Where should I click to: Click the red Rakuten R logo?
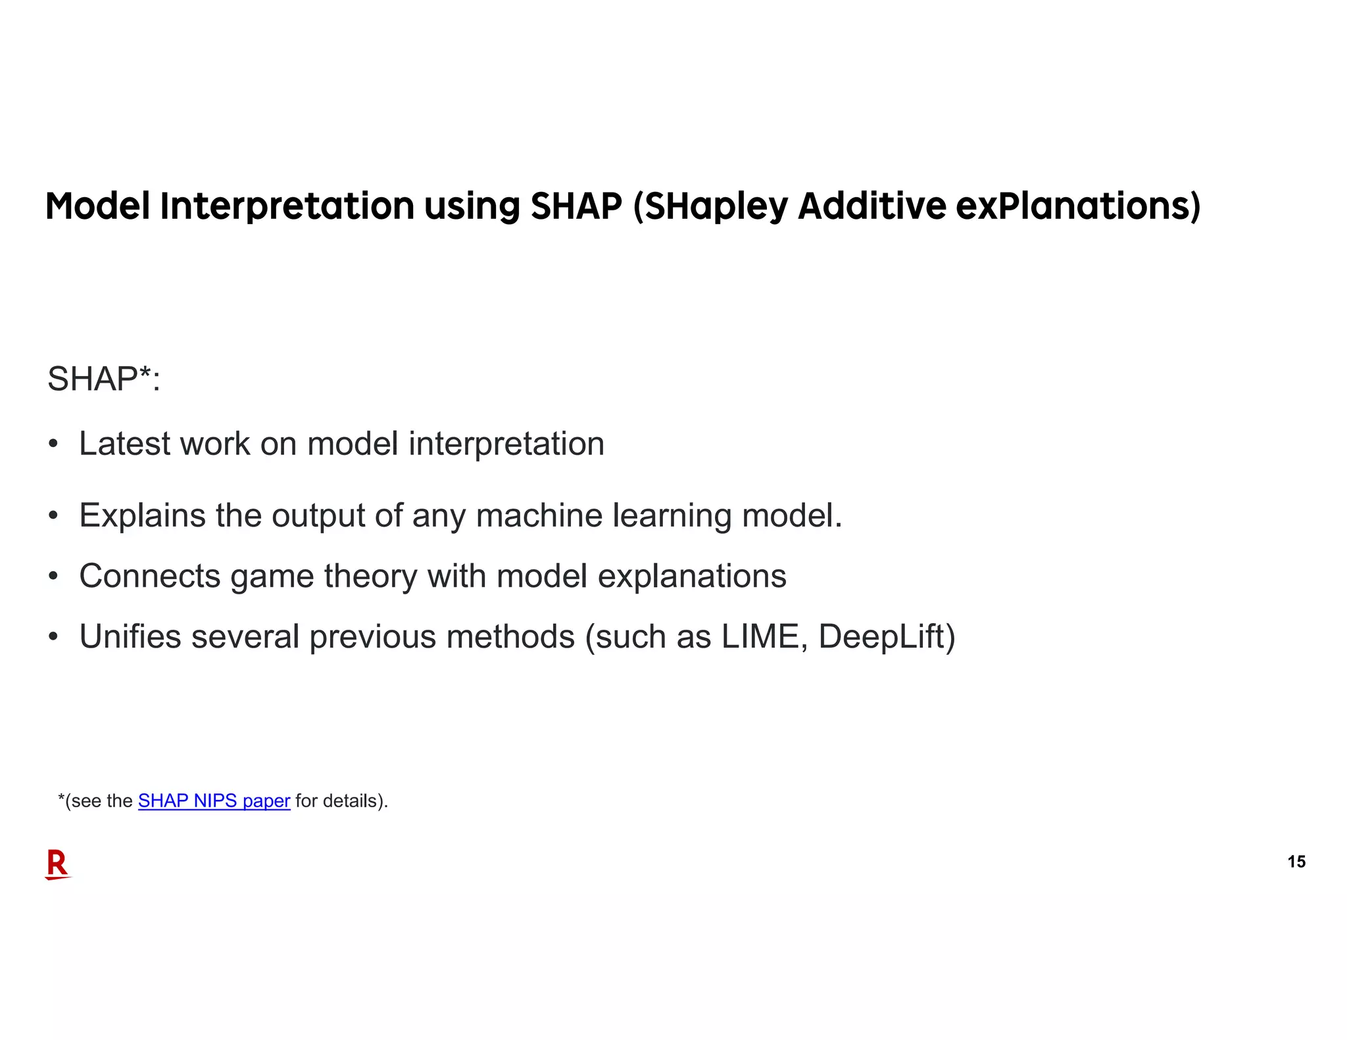[x=57, y=864]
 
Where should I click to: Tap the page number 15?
[x=1296, y=862]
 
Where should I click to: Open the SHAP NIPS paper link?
[x=214, y=801]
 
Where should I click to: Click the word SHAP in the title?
[x=576, y=206]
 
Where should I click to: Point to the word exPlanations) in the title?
[x=1078, y=206]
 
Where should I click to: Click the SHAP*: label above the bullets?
[x=104, y=379]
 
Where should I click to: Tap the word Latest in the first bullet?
[x=124, y=444]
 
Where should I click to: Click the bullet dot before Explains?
[x=53, y=515]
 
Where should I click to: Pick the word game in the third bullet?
[x=272, y=577]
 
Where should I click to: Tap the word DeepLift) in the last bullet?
[x=887, y=637]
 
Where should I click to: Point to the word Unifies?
[x=130, y=637]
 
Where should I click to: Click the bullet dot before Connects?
[x=53, y=577]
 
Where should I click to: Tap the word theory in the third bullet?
[x=370, y=577]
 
